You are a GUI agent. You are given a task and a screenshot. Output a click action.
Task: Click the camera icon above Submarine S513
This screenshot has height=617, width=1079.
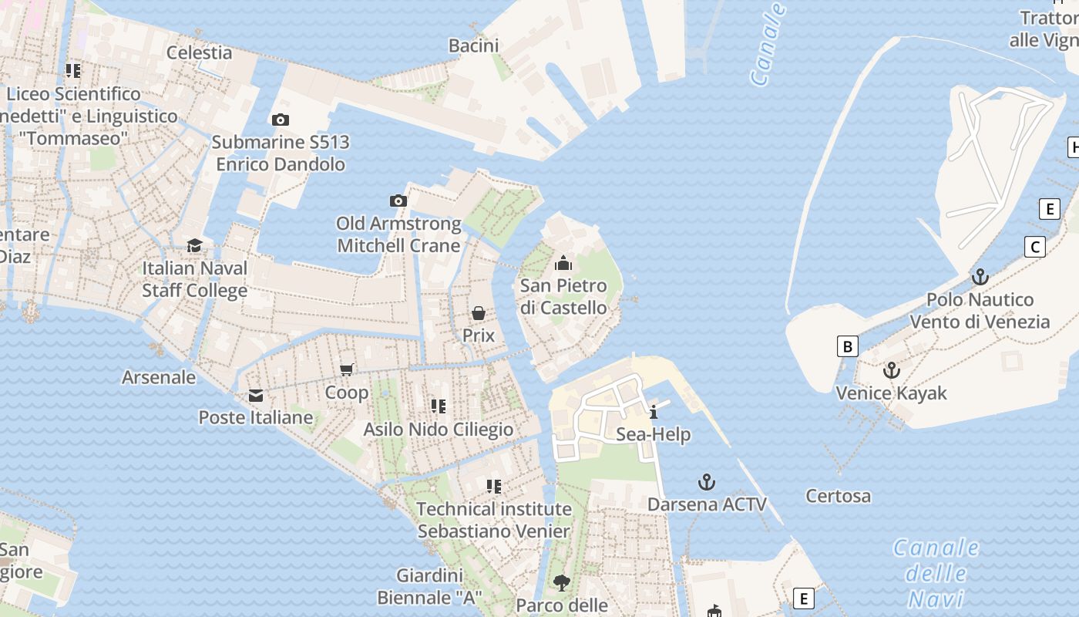(281, 120)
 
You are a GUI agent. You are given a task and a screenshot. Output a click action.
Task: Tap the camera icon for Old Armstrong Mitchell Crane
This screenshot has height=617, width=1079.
(398, 201)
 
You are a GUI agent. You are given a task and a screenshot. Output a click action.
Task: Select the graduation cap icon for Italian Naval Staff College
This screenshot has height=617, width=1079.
(194, 246)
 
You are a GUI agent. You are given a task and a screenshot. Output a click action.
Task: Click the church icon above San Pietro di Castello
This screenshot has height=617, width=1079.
(563, 263)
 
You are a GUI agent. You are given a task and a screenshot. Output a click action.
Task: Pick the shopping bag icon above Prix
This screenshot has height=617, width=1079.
(479, 313)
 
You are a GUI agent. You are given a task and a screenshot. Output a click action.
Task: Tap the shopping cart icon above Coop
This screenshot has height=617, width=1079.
(347, 370)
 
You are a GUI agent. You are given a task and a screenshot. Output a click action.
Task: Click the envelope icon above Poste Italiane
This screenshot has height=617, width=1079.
(256, 396)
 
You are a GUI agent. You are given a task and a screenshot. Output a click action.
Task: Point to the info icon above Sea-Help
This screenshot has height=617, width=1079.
(654, 412)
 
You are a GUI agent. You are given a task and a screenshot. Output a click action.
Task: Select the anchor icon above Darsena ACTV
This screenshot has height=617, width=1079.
(707, 483)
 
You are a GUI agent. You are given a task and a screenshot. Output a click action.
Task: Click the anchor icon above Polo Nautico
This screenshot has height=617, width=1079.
(980, 277)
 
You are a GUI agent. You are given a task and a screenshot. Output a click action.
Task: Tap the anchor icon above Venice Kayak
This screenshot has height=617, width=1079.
(892, 371)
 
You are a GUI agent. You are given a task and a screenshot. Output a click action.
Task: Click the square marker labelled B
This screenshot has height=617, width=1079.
(848, 346)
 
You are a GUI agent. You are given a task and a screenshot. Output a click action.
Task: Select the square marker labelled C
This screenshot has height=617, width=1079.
(1034, 247)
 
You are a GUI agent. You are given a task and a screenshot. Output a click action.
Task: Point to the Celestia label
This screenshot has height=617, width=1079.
(200, 52)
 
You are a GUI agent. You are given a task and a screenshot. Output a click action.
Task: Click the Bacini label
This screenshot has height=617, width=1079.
(473, 46)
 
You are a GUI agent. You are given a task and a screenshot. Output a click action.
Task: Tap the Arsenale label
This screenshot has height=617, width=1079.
(159, 377)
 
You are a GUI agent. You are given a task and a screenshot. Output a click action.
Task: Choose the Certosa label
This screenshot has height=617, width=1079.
(838, 496)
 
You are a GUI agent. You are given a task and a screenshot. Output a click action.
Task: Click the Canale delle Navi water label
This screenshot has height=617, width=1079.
(936, 573)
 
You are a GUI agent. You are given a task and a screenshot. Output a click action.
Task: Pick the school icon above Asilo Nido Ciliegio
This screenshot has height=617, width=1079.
(439, 406)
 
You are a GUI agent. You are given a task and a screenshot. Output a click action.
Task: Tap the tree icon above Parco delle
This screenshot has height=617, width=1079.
(562, 583)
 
